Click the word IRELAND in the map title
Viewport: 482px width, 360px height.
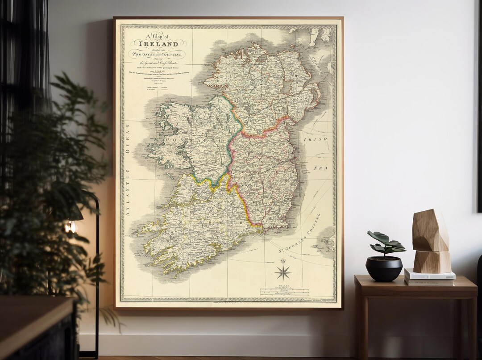[x=158, y=44]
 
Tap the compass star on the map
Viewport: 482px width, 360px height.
[x=283, y=272]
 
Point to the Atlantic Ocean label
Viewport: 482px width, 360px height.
[x=128, y=170]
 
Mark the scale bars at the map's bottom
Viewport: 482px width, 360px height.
[x=284, y=292]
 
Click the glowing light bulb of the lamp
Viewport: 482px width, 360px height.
[x=70, y=227]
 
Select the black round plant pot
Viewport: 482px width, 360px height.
[x=384, y=268]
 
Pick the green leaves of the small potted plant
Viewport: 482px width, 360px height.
[x=385, y=243]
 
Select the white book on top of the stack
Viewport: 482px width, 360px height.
[x=429, y=275]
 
